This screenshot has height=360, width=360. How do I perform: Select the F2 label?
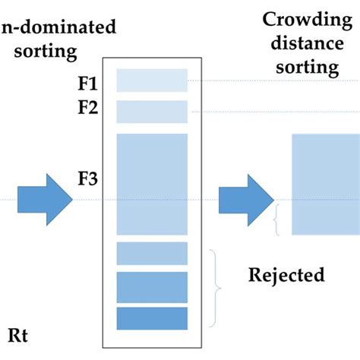(x=88, y=107)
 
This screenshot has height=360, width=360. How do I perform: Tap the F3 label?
(x=89, y=181)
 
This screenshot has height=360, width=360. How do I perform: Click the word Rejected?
(x=286, y=274)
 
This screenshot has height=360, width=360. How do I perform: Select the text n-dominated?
(x=58, y=28)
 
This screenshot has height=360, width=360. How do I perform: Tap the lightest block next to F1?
(x=152, y=81)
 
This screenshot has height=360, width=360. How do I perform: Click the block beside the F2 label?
(x=152, y=112)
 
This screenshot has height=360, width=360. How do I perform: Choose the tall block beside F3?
(x=152, y=184)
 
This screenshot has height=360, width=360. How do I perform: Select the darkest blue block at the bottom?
(x=152, y=318)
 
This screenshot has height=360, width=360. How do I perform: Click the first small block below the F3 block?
(x=152, y=253)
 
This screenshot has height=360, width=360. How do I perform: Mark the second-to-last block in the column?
(x=152, y=287)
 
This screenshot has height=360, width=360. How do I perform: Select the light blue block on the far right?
(x=326, y=184)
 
